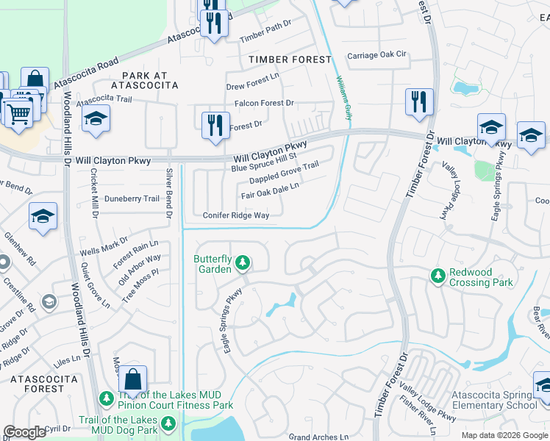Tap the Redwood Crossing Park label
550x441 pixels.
tap(472, 277)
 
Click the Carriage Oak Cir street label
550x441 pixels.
tap(376, 54)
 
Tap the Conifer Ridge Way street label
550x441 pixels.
tap(235, 215)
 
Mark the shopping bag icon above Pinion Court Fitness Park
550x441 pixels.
tap(132, 381)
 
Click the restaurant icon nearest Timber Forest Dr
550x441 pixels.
tap(419, 102)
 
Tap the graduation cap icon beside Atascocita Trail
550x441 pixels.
tap(96, 120)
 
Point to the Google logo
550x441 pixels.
tap(24, 432)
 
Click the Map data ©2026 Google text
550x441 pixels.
tap(504, 435)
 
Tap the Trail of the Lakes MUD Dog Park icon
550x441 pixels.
tap(169, 423)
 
